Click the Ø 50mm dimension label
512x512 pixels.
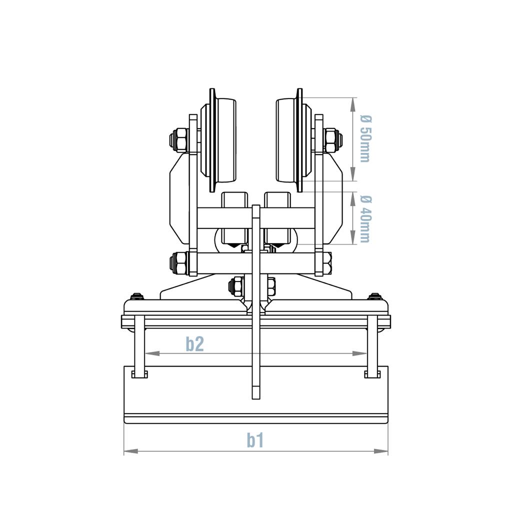point(365,139)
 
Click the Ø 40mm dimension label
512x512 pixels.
point(365,218)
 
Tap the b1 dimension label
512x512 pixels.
point(255,440)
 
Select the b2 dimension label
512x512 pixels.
point(195,344)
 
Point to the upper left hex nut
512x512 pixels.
point(179,140)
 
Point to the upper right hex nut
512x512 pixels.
point(332,140)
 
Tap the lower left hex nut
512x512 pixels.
point(179,263)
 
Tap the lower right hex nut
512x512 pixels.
point(327,263)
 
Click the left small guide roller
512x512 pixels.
point(234,217)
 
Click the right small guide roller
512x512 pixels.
point(277,217)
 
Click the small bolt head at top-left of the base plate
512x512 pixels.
point(137,296)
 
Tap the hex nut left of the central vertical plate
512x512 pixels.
point(236,286)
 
